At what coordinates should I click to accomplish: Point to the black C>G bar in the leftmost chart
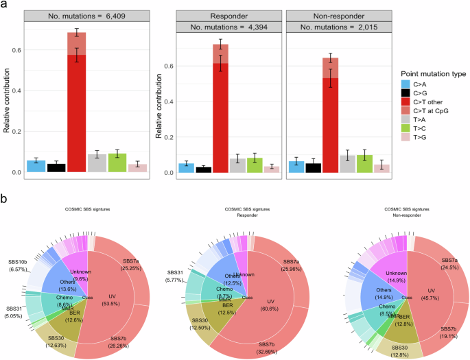tap(56, 167)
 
